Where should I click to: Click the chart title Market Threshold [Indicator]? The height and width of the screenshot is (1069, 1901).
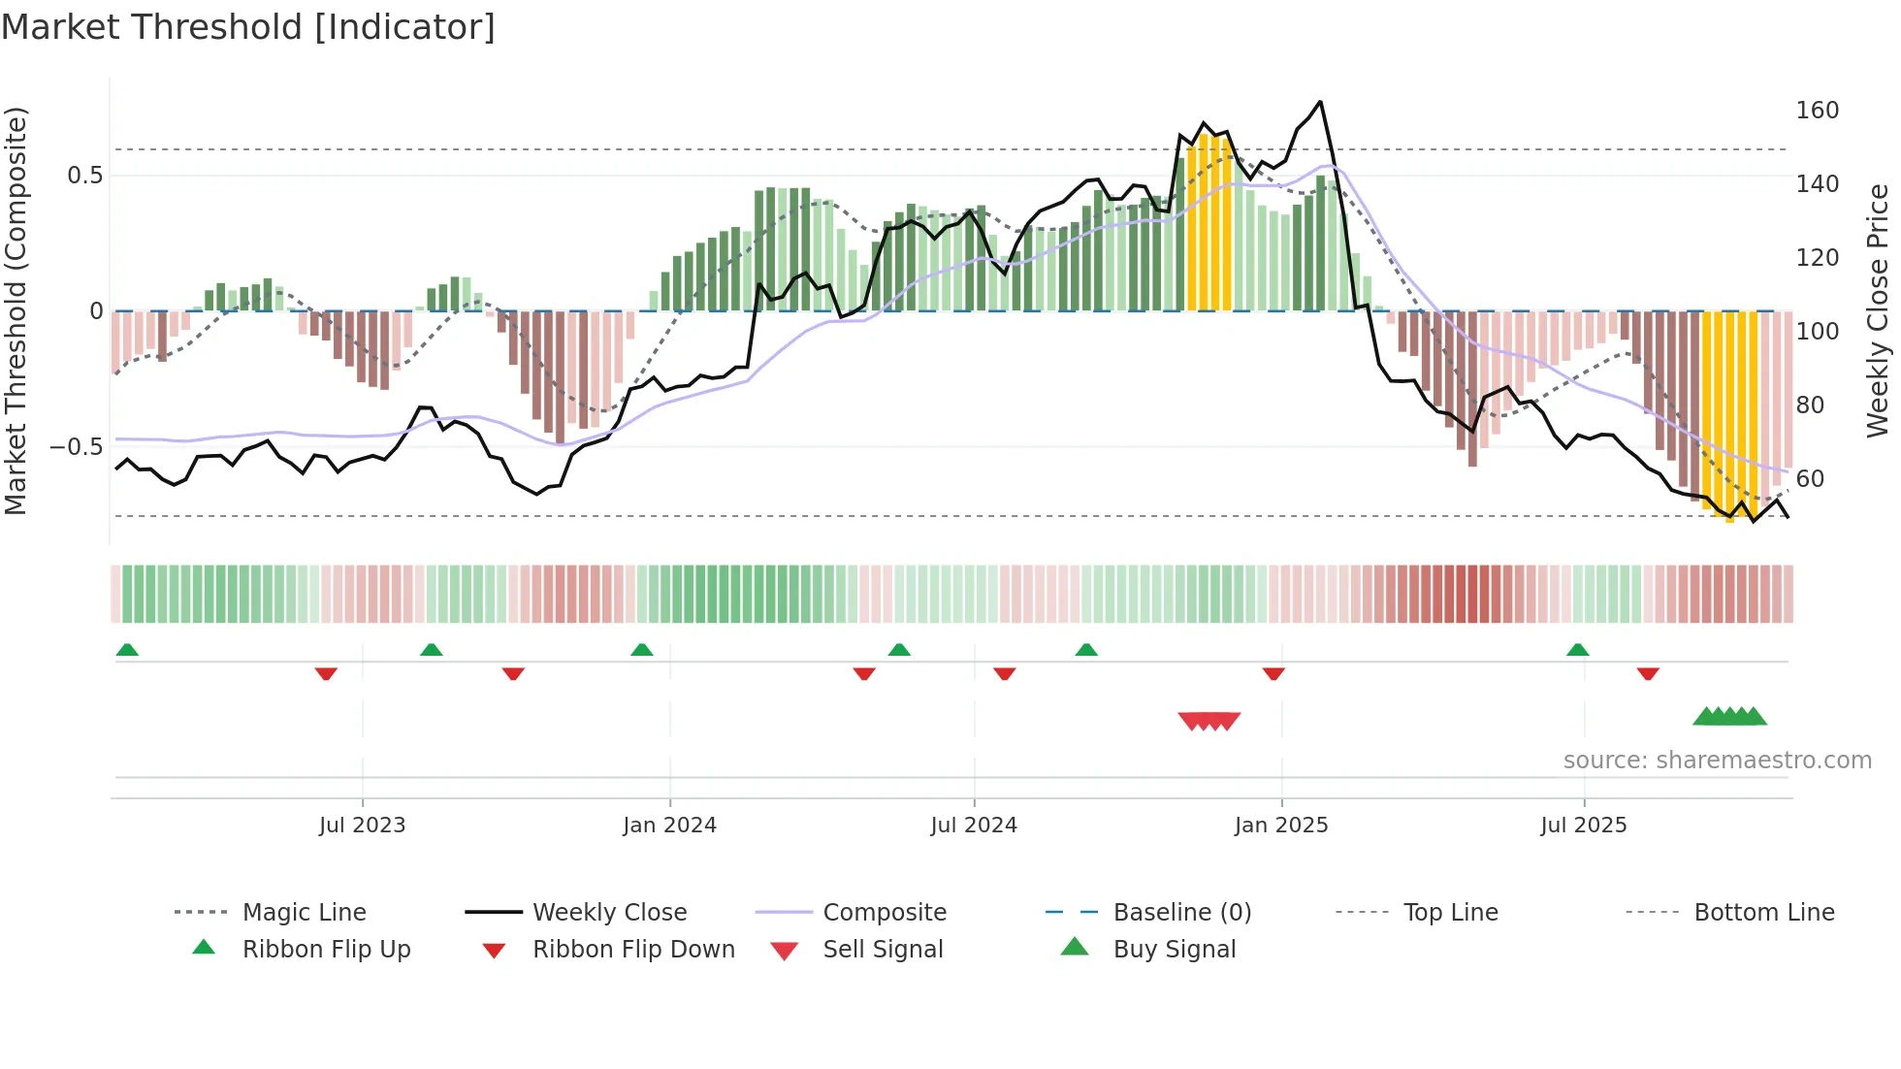point(248,27)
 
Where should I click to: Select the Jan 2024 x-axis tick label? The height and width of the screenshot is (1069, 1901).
point(669,826)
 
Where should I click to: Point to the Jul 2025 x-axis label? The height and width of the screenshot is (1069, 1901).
point(1583,826)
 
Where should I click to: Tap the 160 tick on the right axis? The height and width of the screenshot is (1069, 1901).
point(1817,111)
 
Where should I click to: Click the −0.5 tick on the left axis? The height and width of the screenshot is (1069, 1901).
point(76,447)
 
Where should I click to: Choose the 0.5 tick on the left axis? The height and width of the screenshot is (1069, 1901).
point(84,176)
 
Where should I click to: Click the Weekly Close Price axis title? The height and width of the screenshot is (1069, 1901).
point(1878,310)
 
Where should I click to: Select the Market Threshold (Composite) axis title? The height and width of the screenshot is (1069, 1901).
point(16,310)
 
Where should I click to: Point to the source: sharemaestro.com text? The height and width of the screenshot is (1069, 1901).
point(1717,761)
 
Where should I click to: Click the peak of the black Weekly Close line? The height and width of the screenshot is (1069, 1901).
point(1320,102)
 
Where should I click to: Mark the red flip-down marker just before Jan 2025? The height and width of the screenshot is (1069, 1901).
point(1273,674)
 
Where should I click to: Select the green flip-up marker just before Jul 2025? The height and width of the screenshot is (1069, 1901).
point(1577,650)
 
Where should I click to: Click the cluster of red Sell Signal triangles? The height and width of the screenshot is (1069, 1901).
point(1208,721)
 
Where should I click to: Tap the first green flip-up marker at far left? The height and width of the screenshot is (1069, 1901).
point(127,650)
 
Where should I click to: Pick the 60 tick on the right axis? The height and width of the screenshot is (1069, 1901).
point(1810,479)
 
